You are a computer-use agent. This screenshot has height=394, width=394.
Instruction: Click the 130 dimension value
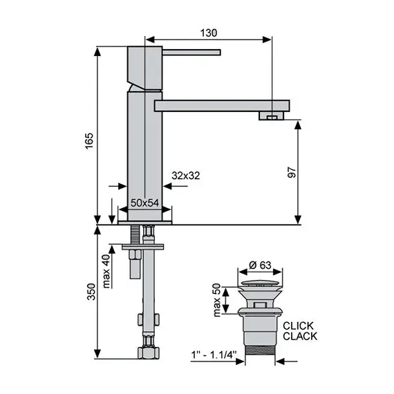tap(209, 32)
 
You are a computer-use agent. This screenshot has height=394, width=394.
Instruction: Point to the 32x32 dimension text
tap(186, 176)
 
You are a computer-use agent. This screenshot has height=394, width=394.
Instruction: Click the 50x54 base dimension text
tap(145, 201)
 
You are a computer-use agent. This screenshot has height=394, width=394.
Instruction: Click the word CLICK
tap(299, 326)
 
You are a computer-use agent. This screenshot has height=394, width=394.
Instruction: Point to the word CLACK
tap(299, 337)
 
